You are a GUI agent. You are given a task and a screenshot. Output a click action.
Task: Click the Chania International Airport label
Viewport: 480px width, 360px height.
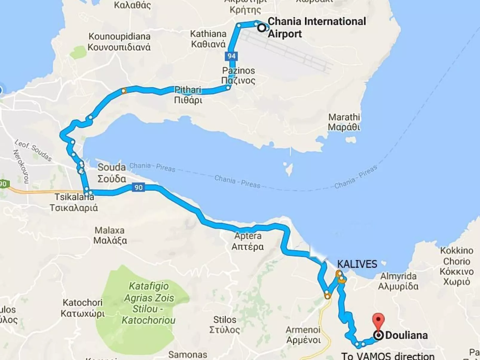(317, 27)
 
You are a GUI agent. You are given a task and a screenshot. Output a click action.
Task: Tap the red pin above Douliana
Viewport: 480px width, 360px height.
(378, 320)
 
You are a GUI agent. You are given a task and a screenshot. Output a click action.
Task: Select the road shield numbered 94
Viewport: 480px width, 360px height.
(231, 56)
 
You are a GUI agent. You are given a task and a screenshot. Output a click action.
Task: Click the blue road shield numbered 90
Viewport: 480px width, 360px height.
(138, 187)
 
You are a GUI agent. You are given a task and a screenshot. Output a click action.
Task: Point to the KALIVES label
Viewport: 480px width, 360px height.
(357, 264)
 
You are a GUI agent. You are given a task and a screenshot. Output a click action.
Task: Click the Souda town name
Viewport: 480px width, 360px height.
(112, 173)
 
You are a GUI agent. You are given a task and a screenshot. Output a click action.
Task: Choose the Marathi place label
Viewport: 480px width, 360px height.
(344, 122)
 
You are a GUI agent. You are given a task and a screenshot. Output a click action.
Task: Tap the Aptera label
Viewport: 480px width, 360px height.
(248, 241)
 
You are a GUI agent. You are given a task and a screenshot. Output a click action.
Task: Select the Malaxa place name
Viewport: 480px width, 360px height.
(110, 235)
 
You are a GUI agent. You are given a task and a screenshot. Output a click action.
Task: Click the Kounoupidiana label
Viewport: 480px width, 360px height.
(119, 42)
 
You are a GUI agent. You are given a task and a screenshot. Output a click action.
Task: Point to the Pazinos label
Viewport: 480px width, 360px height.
(238, 75)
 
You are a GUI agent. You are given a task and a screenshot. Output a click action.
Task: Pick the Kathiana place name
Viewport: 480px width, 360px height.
(208, 39)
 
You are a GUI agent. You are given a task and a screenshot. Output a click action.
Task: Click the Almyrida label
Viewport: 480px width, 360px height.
(398, 281)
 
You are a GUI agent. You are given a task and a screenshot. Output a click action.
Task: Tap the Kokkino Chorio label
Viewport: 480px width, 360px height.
(457, 266)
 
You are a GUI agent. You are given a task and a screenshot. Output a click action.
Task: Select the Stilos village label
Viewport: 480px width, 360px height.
(224, 324)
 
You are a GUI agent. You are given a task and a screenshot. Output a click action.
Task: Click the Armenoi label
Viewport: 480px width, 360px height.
(303, 335)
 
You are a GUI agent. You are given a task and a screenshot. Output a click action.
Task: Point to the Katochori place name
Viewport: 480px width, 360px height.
(82, 308)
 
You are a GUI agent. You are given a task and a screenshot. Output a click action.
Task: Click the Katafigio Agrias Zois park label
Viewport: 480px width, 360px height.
(149, 303)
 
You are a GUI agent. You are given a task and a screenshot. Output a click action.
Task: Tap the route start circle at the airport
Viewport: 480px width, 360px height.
(262, 28)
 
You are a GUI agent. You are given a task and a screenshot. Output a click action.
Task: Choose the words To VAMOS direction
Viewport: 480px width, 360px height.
(388, 356)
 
